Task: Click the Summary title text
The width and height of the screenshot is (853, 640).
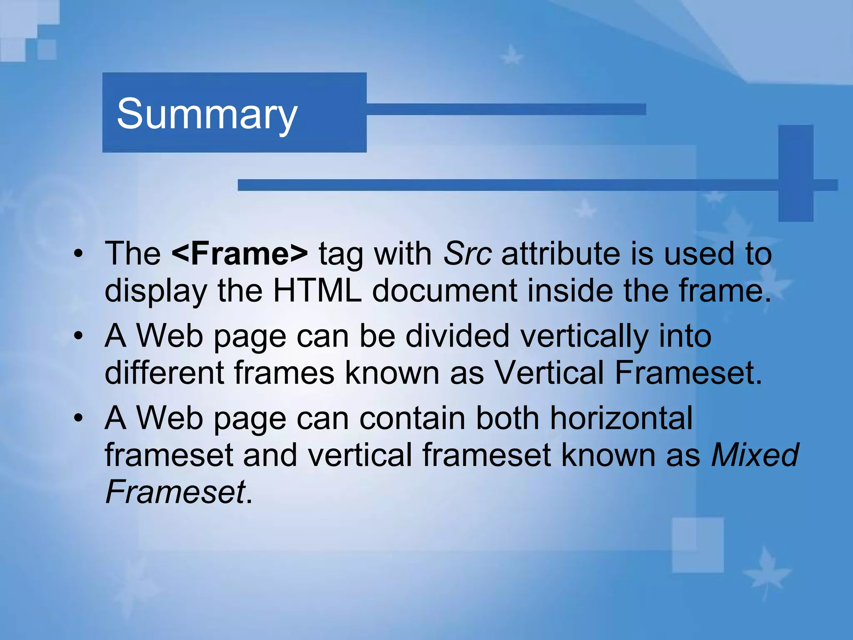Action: (x=207, y=114)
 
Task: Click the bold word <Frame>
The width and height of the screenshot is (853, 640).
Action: (x=239, y=253)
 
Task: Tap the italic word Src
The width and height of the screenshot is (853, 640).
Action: (x=467, y=253)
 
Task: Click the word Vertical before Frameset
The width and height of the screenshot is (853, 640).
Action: (x=549, y=372)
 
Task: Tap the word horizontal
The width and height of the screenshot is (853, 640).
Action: (x=621, y=418)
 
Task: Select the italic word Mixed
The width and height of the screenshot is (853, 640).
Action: (x=754, y=455)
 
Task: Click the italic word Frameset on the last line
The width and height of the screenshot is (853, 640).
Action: (x=175, y=492)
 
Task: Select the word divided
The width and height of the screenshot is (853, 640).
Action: (x=457, y=336)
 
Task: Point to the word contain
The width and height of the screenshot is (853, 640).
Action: (x=412, y=418)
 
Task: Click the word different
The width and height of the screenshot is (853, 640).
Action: (x=164, y=372)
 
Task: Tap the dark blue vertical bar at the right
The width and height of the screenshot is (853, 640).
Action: (x=796, y=172)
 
